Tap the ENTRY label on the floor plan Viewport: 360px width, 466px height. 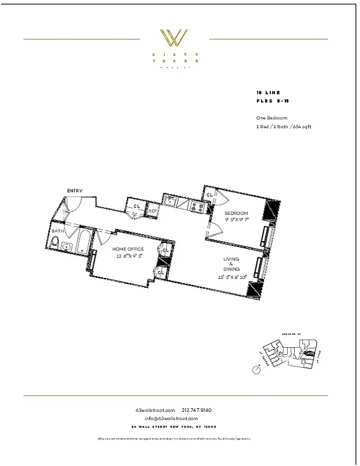tap(74, 190)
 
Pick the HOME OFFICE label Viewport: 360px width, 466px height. tap(128, 249)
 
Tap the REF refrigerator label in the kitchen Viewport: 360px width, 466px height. tap(153, 211)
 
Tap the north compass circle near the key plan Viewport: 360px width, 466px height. tap(257, 369)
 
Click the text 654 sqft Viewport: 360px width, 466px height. tap(301, 127)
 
